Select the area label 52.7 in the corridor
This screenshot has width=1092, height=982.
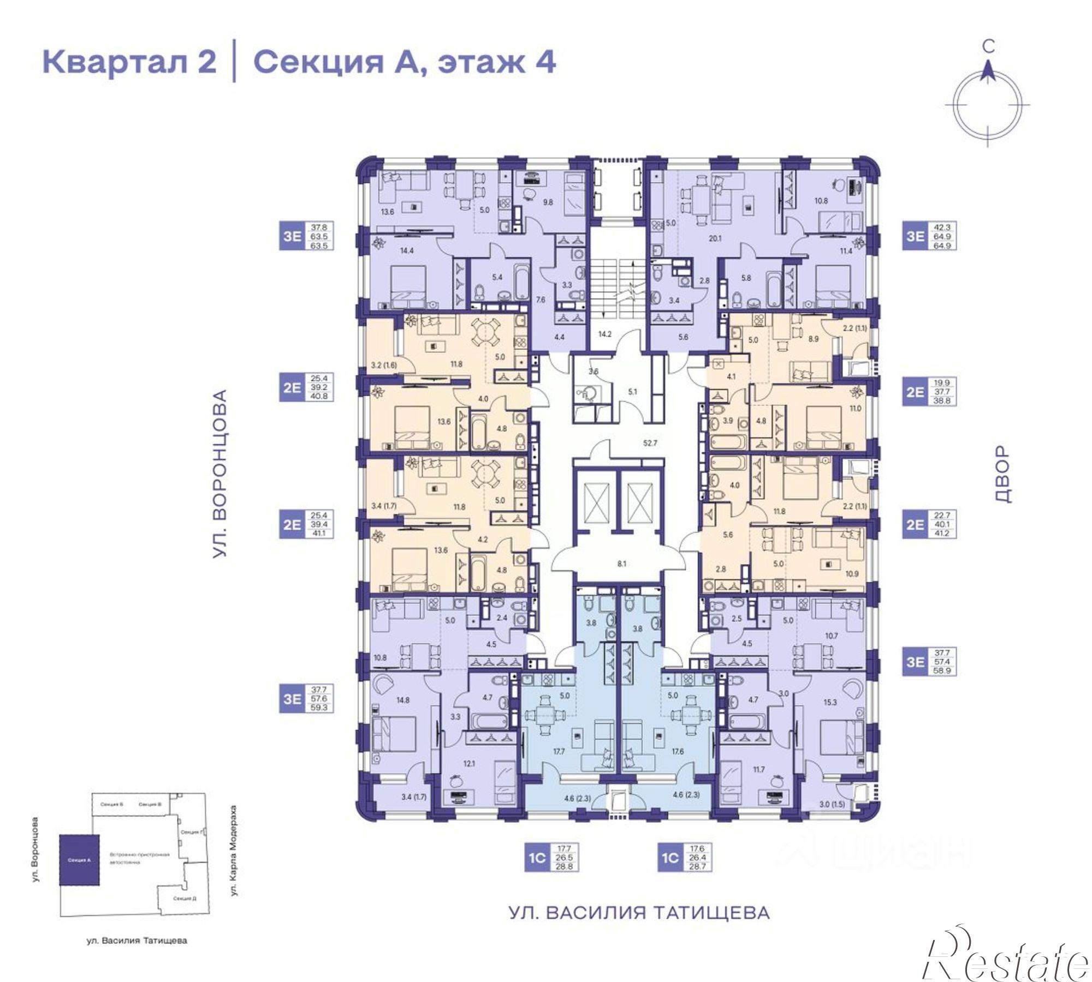click(650, 443)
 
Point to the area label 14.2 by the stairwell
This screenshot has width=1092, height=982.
click(604, 334)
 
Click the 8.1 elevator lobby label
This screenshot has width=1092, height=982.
click(621, 564)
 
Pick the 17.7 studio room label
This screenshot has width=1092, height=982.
click(558, 751)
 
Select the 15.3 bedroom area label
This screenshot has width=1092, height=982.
click(829, 702)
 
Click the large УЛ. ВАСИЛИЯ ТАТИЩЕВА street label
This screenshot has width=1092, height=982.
click(639, 913)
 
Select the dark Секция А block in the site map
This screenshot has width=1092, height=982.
click(79, 860)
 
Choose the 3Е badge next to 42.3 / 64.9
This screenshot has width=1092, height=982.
click(915, 236)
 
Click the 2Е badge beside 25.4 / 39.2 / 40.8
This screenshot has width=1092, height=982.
click(292, 387)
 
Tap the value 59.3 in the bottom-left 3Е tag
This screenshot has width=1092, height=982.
click(319, 708)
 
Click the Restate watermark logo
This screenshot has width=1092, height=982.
click(1005, 959)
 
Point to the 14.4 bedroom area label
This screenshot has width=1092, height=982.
click(392, 251)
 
